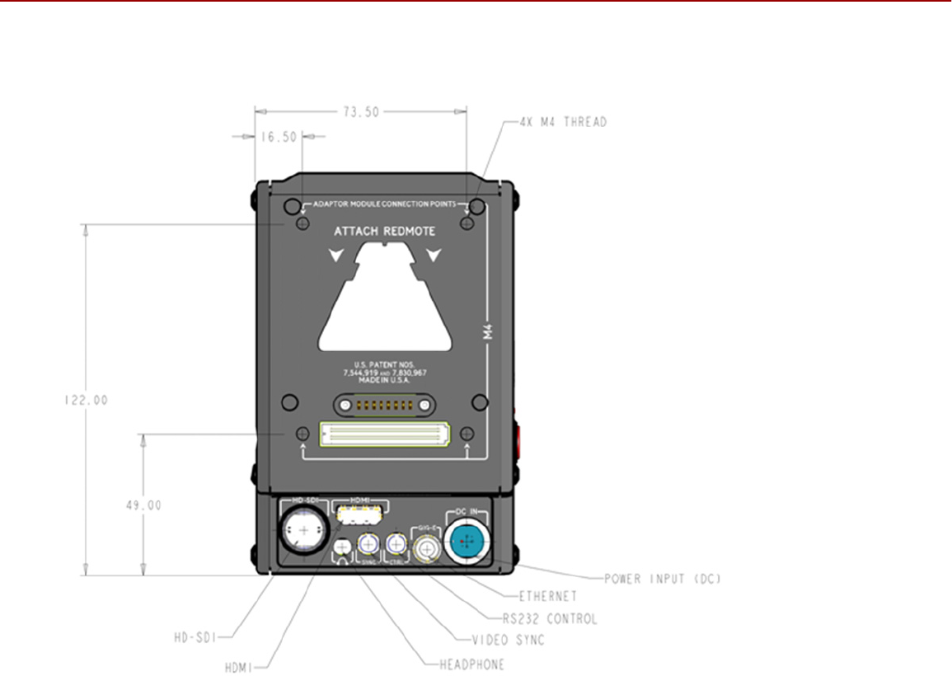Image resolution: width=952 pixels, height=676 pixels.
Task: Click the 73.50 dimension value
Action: tap(359, 112)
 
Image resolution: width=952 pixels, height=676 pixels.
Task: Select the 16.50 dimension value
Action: tap(279, 137)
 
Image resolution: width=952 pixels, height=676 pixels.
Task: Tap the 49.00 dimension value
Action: tap(143, 505)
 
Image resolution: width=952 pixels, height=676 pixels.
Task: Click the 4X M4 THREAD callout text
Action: tap(563, 122)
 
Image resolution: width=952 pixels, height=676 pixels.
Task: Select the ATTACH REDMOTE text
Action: tap(384, 232)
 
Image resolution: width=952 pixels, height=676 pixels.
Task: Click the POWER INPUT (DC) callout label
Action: tap(662, 579)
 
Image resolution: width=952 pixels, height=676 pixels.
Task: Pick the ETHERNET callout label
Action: tap(548, 596)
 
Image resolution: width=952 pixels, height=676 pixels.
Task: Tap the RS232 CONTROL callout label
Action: tap(550, 618)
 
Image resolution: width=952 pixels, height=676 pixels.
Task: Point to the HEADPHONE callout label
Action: tap(466, 664)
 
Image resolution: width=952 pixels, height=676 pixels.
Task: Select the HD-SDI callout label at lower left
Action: tap(195, 636)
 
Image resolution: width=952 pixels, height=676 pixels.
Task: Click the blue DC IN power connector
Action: tap(467, 541)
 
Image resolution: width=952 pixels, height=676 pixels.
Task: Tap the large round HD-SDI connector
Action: tap(302, 532)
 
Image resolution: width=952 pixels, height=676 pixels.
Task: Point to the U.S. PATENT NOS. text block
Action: tap(384, 373)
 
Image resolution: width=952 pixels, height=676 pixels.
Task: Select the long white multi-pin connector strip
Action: tap(384, 434)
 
